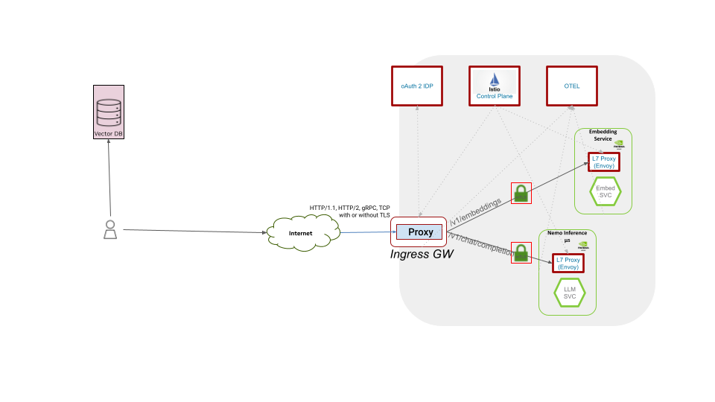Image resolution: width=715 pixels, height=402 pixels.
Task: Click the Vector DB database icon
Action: [109, 112]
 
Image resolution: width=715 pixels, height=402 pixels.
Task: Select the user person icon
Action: [109, 230]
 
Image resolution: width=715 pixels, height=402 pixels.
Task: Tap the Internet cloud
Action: [301, 234]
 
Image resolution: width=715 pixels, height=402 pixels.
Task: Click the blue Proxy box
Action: [420, 232]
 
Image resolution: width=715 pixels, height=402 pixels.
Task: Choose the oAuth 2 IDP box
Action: [417, 86]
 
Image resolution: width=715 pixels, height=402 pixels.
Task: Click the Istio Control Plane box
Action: [495, 86]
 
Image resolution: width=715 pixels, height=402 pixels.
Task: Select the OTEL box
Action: [572, 86]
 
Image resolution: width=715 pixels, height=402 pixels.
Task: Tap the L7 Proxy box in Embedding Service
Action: [603, 162]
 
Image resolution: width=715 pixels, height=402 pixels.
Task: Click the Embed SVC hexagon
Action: [606, 192]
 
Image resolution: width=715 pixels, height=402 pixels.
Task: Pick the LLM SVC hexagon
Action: [570, 293]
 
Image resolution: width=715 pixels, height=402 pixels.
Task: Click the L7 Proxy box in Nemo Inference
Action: [568, 263]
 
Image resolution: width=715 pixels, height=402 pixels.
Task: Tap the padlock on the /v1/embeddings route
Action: [521, 194]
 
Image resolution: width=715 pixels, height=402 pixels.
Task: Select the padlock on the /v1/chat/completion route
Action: [521, 252]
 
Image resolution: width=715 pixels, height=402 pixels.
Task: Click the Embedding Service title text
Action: [603, 135]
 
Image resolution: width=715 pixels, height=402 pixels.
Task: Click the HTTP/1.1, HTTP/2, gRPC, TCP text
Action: [349, 208]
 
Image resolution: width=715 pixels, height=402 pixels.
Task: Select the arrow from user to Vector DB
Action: [109, 179]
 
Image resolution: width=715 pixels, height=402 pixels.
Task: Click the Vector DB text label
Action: [109, 134]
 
